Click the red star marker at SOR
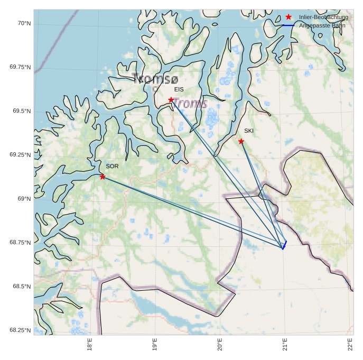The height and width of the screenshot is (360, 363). tap(103, 177)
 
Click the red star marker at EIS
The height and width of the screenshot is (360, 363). tap(171, 100)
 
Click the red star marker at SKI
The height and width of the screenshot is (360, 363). tap(241, 141)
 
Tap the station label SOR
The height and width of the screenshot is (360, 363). tap(112, 166)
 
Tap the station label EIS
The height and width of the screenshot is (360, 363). tap(179, 89)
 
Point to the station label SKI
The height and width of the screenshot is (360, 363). tap(249, 131)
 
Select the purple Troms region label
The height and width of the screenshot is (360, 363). tap(190, 103)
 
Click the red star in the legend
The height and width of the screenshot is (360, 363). tap(288, 17)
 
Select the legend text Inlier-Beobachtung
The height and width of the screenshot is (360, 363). tap(323, 17)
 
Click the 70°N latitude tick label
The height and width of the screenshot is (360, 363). tap(24, 23)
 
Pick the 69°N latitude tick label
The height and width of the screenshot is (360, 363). tap(24, 199)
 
